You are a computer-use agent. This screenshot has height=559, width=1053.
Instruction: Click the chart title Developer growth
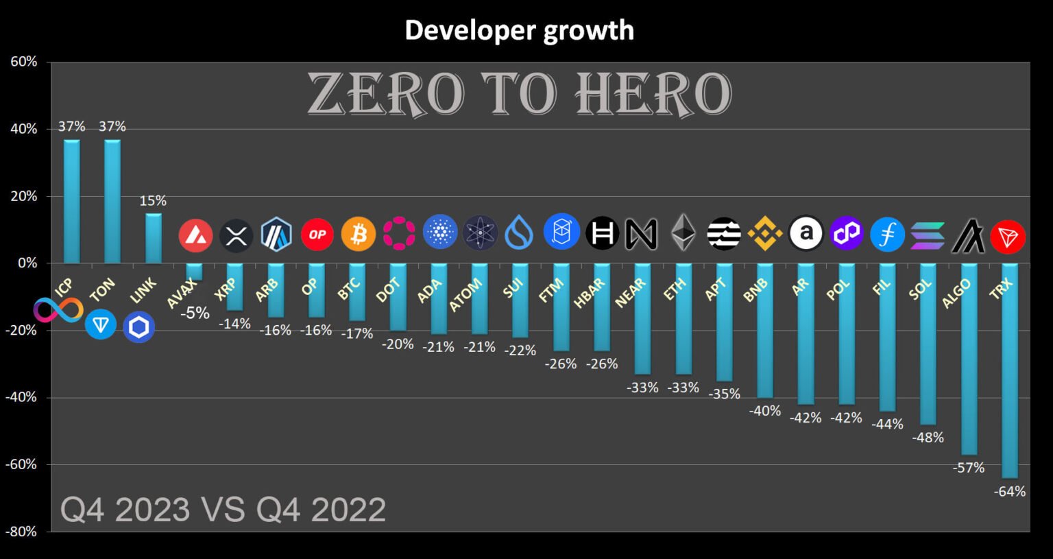tap(519, 31)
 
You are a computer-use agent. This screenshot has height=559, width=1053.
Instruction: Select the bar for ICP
tap(71, 202)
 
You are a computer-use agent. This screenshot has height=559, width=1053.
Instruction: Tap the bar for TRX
tap(1009, 370)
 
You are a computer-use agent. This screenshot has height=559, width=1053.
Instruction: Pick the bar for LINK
tap(153, 239)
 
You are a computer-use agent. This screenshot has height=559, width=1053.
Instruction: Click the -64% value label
tap(1010, 491)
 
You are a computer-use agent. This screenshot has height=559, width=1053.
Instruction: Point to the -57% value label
tap(969, 468)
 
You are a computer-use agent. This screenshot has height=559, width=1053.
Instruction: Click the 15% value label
tap(153, 201)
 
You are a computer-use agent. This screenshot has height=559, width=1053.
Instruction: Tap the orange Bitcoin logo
tap(358, 235)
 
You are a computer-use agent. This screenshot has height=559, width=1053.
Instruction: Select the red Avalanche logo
tap(195, 235)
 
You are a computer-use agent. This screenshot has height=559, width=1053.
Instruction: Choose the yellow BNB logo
tap(764, 233)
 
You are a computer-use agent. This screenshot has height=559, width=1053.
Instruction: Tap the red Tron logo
tap(1008, 237)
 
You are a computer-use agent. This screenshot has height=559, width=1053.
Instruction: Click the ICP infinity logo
tap(58, 310)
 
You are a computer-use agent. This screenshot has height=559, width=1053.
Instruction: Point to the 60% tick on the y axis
tap(24, 62)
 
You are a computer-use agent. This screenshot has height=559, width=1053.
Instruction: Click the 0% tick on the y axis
tap(27, 263)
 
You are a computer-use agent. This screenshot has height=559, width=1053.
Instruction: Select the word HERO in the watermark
tap(653, 94)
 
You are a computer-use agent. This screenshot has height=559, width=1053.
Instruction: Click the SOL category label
tap(920, 289)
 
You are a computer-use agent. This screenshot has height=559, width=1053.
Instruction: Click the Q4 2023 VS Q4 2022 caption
tap(223, 510)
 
